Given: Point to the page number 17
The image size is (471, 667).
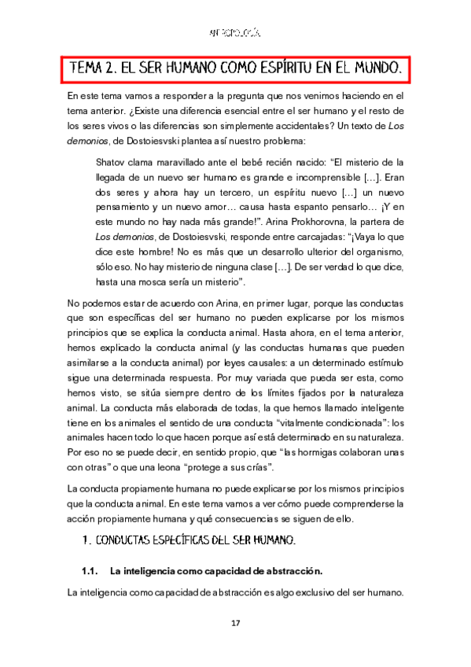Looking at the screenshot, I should (x=235, y=624).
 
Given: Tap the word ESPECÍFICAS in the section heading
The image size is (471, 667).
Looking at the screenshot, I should (x=184, y=541).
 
